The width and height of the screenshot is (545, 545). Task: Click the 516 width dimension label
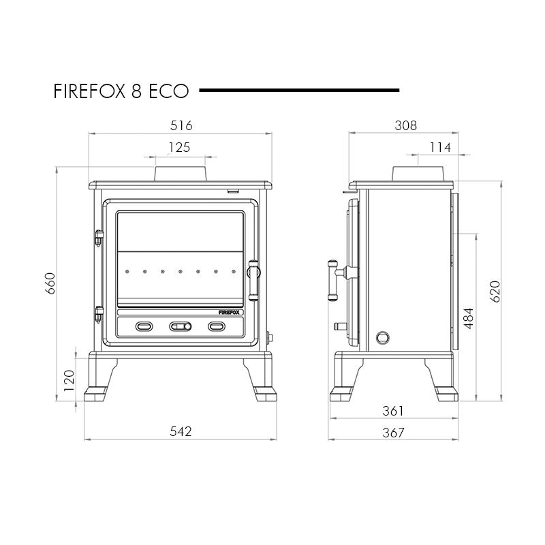[181, 125]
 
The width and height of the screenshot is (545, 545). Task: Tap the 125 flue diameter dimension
[179, 147]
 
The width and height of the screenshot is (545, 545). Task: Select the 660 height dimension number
[50, 283]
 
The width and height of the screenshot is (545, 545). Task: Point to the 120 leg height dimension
[69, 381]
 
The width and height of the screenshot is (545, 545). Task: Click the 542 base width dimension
[181, 431]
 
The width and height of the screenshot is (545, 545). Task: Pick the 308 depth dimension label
[405, 125]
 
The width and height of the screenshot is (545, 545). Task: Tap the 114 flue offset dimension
[440, 147]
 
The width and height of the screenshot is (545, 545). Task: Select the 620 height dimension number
[495, 292]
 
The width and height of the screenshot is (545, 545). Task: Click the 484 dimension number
[469, 318]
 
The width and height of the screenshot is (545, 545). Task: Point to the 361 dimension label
[393, 411]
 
